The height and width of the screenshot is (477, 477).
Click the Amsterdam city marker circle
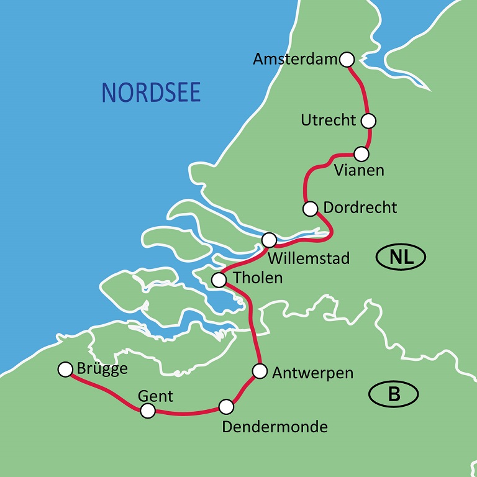point(347,60)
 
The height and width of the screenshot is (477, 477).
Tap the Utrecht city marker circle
point(369,120)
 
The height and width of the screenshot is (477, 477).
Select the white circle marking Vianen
point(361,153)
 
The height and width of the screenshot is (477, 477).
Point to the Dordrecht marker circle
point(310,209)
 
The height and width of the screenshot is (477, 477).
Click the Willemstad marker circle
point(269,240)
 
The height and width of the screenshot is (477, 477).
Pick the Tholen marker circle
point(219,280)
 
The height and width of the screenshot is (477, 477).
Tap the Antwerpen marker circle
point(260,371)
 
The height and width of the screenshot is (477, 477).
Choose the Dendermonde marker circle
point(226,407)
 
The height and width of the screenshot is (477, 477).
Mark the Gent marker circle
point(147,411)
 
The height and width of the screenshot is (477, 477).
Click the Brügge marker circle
point(65,370)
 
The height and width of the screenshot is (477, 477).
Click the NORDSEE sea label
point(151,92)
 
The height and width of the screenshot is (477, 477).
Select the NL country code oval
point(401,257)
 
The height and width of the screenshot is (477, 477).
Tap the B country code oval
point(393,394)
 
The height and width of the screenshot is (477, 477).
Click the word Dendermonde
point(275,427)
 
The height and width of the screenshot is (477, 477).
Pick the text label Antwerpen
point(312,373)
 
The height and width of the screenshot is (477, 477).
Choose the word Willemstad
point(309,258)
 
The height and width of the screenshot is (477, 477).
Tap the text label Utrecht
point(329,120)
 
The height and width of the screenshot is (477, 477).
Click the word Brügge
point(103,368)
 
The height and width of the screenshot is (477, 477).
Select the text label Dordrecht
point(360,207)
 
